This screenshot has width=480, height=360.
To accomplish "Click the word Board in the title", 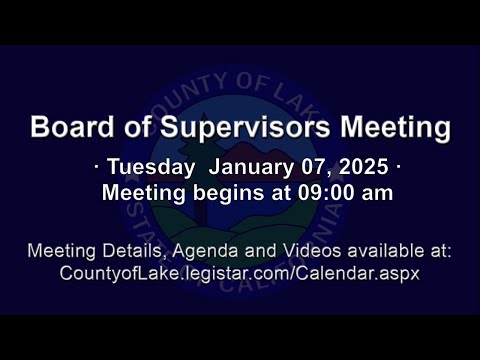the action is click(x=72, y=127).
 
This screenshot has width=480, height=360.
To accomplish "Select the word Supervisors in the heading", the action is click(x=245, y=128).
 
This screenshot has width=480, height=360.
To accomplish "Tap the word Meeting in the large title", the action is click(x=395, y=128).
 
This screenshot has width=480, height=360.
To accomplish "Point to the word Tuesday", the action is click(x=151, y=167).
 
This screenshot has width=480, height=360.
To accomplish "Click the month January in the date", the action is click(x=251, y=167).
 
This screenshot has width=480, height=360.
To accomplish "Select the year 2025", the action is click(x=364, y=167).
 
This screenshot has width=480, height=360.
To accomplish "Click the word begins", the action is click(x=228, y=194).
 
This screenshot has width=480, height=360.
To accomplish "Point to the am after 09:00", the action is click(x=378, y=195).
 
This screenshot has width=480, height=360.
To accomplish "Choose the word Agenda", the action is click(x=205, y=252).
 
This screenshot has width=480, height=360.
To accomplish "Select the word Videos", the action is click(x=312, y=251).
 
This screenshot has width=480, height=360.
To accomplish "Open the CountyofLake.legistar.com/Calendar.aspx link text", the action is click(x=240, y=274).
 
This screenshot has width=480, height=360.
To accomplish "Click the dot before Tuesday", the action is click(x=97, y=166).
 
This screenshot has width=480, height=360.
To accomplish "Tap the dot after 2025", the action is click(x=398, y=166).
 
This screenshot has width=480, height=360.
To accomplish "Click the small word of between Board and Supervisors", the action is click(x=138, y=127).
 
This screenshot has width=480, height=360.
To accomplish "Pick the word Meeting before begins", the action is click(x=144, y=194).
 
